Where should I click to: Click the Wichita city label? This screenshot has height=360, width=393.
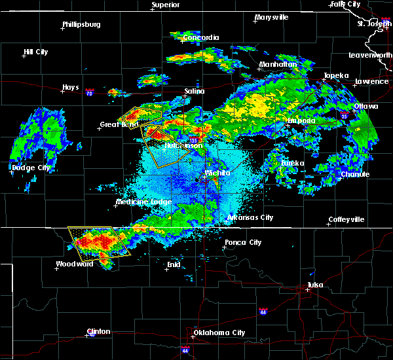pos(217,173)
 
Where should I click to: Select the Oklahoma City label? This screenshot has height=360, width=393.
pos(220,333)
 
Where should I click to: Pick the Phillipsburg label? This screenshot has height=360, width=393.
pos(81,25)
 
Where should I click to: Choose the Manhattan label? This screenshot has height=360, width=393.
pos(278,65)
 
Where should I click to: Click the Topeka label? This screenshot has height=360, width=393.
pos(336,76)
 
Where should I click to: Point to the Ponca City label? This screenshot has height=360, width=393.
pos(243,242)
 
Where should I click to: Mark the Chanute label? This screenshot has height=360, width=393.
pos(354,174)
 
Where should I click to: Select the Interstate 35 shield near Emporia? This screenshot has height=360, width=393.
pos(345,117)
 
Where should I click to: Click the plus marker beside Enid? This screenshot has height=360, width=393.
pos(166,269)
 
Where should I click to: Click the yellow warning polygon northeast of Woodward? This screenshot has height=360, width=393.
pos(98,241)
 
